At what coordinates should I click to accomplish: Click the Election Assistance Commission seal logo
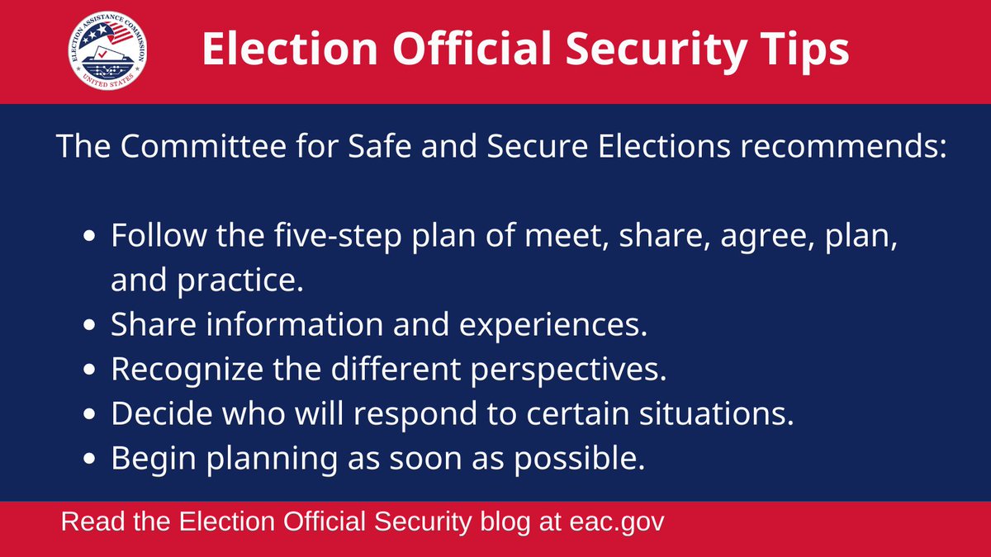coord(109,52)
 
